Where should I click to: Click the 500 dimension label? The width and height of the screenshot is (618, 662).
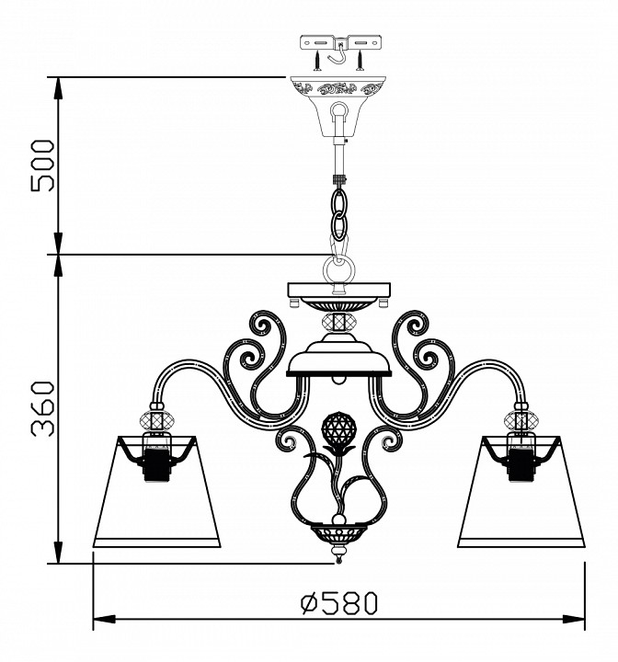pos(43,165)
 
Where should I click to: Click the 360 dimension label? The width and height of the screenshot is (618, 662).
pos(43,408)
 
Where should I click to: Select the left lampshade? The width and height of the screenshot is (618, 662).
pos(156,491)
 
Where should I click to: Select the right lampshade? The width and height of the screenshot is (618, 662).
pos(521,491)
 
